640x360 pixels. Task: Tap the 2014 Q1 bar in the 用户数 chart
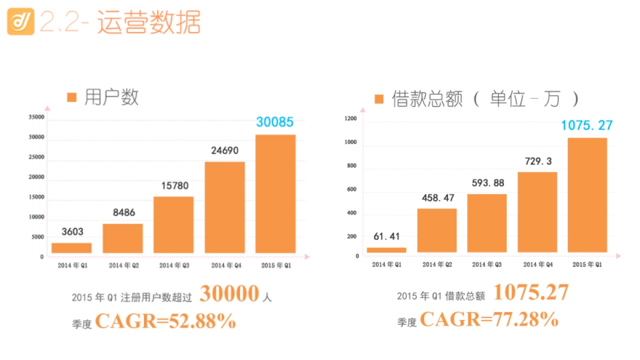[x=71, y=248]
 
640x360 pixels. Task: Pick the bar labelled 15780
[x=173, y=225]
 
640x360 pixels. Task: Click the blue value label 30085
[x=275, y=122]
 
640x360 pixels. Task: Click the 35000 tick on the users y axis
[x=37, y=117]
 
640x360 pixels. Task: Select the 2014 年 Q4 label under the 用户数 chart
[x=225, y=265]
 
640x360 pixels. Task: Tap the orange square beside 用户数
[x=72, y=98]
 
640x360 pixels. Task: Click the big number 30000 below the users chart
[x=229, y=294]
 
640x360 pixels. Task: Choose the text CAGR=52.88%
[x=165, y=321]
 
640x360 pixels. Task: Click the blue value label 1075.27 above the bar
[x=587, y=125]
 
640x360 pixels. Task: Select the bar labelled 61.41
[x=387, y=250]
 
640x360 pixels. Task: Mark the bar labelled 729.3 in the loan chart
[x=537, y=212]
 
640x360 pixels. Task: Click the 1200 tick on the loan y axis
[x=350, y=119]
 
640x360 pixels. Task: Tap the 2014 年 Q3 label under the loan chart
[x=487, y=265]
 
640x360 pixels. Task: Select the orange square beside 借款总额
[x=379, y=99]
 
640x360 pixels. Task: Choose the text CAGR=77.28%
[x=489, y=319]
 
